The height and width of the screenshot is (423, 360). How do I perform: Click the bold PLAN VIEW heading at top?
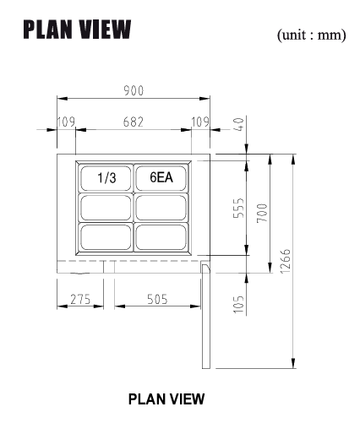click(77, 30)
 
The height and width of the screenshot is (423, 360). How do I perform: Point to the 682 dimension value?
click(134, 122)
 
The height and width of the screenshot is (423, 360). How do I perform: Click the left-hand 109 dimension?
click(66, 122)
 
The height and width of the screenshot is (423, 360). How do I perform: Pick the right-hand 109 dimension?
click(201, 122)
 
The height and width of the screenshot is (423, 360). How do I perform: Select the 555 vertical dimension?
click(239, 209)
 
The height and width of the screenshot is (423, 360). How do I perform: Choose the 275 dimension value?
click(79, 298)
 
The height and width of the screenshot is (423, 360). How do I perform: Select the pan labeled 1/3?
click(106, 177)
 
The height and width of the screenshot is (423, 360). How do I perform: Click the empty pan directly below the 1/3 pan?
click(106, 207)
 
